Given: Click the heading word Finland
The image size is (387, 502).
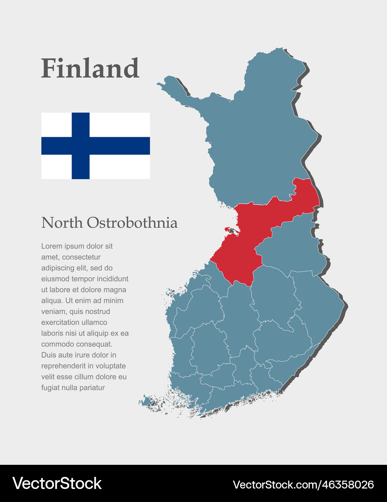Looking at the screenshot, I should point(90,68).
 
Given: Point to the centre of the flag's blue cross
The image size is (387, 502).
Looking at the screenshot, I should point(80,145).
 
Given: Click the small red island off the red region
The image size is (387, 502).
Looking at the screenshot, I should point(229,229).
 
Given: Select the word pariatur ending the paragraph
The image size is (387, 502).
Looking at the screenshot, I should point(92,388).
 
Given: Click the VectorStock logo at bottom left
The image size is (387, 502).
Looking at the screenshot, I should point(57,483).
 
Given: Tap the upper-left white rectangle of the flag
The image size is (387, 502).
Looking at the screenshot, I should point(56,124).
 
